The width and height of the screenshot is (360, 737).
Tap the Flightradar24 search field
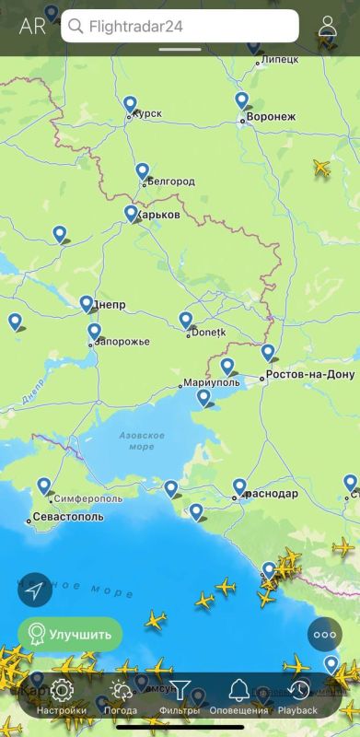click(x=180, y=26)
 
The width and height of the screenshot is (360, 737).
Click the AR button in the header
click(x=32, y=26)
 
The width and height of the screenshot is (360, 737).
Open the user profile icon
click(x=328, y=26)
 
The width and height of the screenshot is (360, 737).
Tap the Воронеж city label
click(x=272, y=117)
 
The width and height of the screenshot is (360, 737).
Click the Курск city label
click(x=147, y=113)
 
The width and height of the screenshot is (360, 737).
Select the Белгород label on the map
click(x=171, y=181)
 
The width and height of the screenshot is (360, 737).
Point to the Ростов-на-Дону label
click(x=309, y=375)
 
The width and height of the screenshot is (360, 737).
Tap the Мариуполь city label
click(x=211, y=381)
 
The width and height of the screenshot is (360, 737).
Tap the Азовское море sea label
click(x=142, y=440)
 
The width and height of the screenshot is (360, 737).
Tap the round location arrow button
click(x=35, y=590)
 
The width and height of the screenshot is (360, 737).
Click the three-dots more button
click(x=325, y=634)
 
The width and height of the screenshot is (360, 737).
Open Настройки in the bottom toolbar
click(x=62, y=696)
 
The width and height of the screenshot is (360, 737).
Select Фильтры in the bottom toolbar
click(x=180, y=696)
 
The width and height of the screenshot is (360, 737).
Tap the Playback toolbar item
click(x=297, y=696)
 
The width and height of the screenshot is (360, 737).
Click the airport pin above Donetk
click(x=186, y=320)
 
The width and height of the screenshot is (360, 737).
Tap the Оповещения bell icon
click(x=238, y=696)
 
